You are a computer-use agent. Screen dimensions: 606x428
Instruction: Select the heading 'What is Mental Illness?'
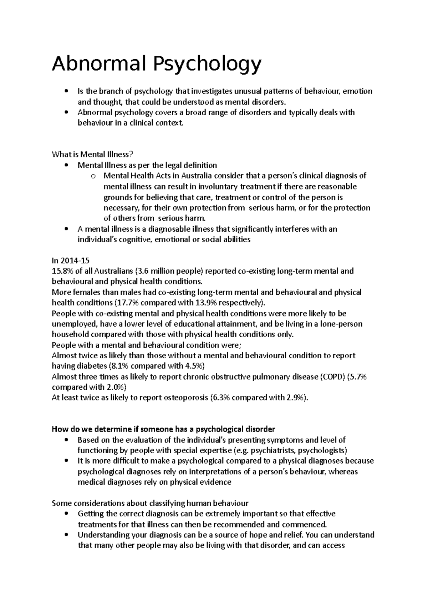pos(92,155)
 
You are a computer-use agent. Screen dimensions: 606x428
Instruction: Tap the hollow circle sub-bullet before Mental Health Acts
pos(93,176)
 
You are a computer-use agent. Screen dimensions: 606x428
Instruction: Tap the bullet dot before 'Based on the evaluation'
pos(67,440)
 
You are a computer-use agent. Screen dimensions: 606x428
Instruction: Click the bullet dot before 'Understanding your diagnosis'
pos(67,535)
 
